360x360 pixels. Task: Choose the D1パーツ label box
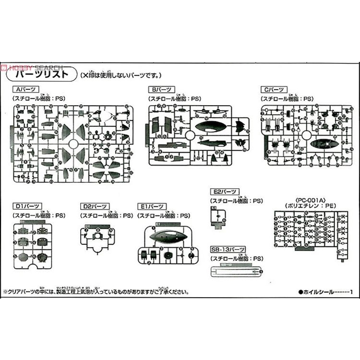coord(24,206)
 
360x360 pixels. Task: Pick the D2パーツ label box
coord(93,206)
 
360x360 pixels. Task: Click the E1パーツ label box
coord(151,206)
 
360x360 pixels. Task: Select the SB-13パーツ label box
coord(228,250)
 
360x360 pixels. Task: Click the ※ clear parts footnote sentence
coord(96,291)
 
